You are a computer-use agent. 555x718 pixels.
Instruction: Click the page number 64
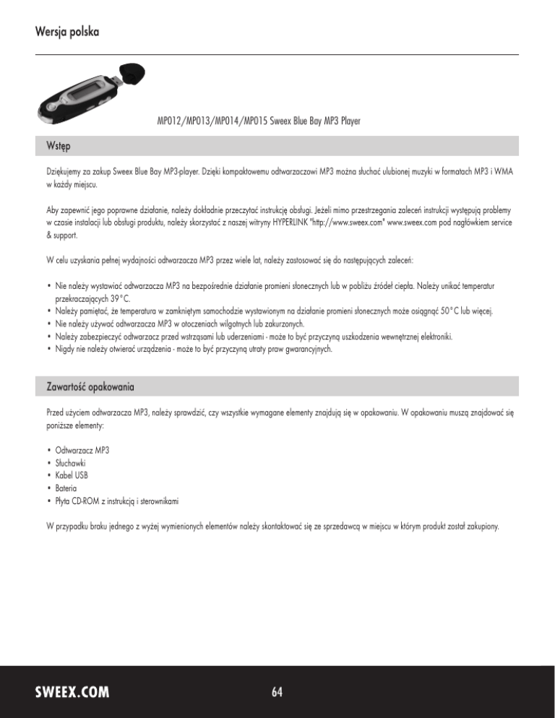277,692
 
